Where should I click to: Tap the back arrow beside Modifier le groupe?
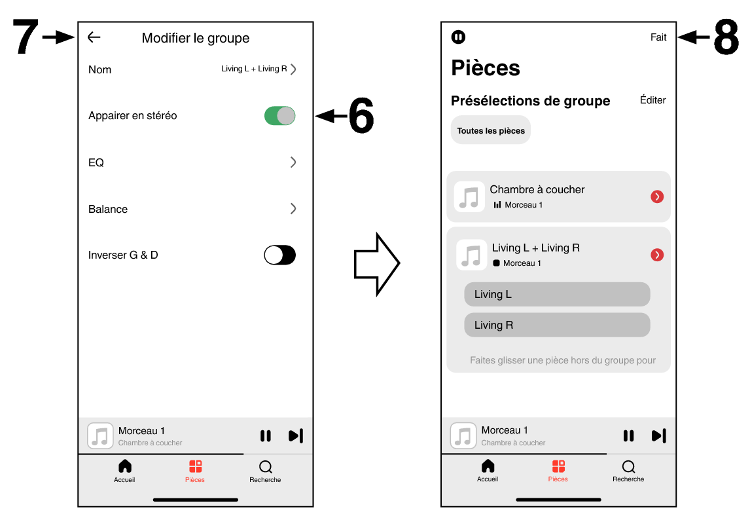[94, 38]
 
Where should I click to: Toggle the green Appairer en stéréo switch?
[279, 116]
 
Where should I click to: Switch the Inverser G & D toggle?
[279, 255]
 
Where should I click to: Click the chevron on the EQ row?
[293, 162]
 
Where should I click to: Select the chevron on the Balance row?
[293, 209]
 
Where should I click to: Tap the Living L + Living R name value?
[255, 69]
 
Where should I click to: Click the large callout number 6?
[361, 117]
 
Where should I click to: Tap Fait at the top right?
[658, 37]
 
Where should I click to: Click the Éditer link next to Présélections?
[652, 100]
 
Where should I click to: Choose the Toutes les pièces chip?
[491, 130]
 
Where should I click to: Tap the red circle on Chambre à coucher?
[657, 196]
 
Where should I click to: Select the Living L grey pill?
[557, 294]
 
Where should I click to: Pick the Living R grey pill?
[557, 325]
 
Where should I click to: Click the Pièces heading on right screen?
[486, 68]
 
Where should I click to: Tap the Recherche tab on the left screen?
[265, 471]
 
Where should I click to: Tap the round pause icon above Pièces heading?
[459, 37]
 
